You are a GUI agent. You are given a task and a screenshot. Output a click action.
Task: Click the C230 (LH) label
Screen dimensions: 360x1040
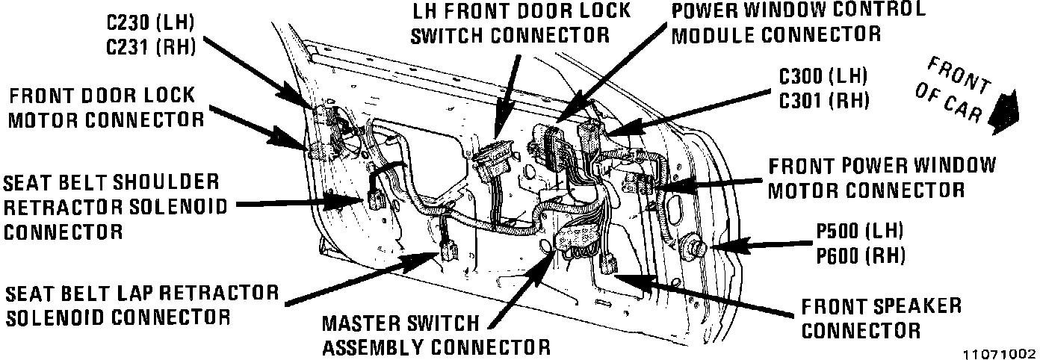[x=150, y=22]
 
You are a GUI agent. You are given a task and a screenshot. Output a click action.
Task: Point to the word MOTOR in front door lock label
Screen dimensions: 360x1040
[x=44, y=119]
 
